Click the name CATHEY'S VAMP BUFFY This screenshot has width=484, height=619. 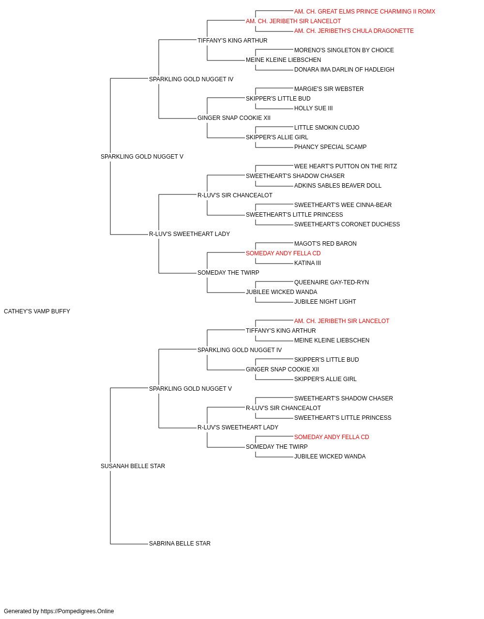point(37,311)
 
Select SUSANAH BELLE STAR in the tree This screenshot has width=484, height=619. point(133,466)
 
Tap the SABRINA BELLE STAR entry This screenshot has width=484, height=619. point(180,544)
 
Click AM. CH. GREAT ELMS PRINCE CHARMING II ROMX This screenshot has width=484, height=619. point(364,12)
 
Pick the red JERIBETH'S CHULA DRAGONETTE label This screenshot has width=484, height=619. point(354,31)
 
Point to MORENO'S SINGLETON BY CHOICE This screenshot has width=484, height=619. point(344,50)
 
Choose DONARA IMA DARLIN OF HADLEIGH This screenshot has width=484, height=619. point(344,70)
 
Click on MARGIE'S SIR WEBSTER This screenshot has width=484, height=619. point(329,89)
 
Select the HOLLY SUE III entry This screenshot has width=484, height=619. point(313,108)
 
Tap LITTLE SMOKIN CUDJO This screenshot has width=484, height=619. point(327,128)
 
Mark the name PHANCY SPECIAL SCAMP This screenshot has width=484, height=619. point(330,147)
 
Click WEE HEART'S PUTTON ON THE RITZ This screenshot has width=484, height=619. point(346,166)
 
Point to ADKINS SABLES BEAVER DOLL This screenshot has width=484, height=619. point(338,186)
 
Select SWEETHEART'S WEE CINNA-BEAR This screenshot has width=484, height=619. point(343,205)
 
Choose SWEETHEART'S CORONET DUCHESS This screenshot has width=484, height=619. point(347,224)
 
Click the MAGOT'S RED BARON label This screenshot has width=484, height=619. point(325,244)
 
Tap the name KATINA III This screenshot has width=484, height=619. point(307,263)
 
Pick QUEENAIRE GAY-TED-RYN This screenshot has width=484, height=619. point(332,282)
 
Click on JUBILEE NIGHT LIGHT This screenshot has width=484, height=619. point(325,302)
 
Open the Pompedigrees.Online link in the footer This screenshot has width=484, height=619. point(77,611)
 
